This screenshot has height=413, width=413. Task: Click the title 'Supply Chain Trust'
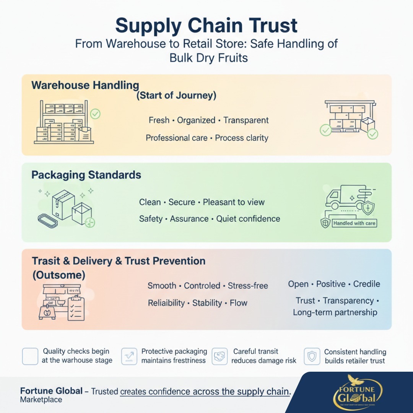point(206,25)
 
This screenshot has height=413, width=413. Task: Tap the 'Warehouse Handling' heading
point(85,85)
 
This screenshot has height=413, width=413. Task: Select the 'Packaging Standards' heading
point(86,175)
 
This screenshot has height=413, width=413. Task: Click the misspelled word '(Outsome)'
point(59,275)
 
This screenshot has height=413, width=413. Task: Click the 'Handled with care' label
point(354,223)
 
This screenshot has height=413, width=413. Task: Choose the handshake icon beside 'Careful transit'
point(220,356)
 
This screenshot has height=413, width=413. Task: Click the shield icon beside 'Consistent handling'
point(312,356)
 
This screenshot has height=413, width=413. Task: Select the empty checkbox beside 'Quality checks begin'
point(30,356)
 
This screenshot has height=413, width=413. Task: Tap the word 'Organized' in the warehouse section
point(196,120)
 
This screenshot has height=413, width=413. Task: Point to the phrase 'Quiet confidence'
point(248,219)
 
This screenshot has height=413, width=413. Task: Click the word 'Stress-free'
point(248,286)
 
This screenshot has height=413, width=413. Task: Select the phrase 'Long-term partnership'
point(335,312)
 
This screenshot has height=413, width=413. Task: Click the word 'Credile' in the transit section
point(367,284)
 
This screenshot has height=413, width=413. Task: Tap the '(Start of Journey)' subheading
point(176,95)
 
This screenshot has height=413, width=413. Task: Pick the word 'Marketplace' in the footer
point(41,400)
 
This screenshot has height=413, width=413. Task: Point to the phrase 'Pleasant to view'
point(234,202)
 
